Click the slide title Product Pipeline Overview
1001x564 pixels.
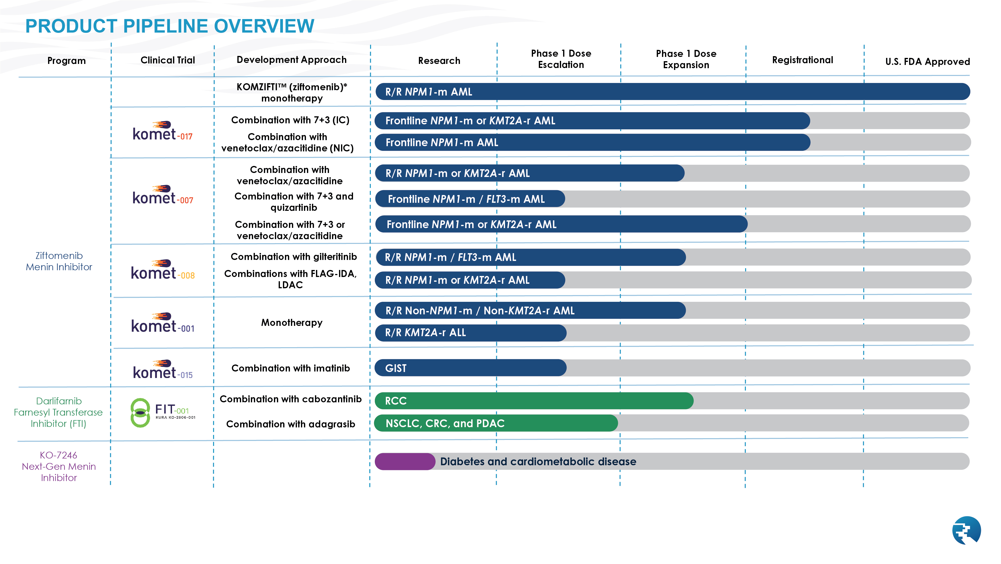[x=170, y=26]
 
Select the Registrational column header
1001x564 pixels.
[x=802, y=60]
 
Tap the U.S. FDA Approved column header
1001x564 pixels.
[x=927, y=61]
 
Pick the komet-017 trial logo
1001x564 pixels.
[x=162, y=131]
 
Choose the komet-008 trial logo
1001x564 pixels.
[x=162, y=270]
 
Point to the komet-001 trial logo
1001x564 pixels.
[x=162, y=323]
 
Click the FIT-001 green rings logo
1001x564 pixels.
[x=140, y=413]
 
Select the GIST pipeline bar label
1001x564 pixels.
[x=396, y=368]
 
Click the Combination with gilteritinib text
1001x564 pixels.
[x=293, y=257]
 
